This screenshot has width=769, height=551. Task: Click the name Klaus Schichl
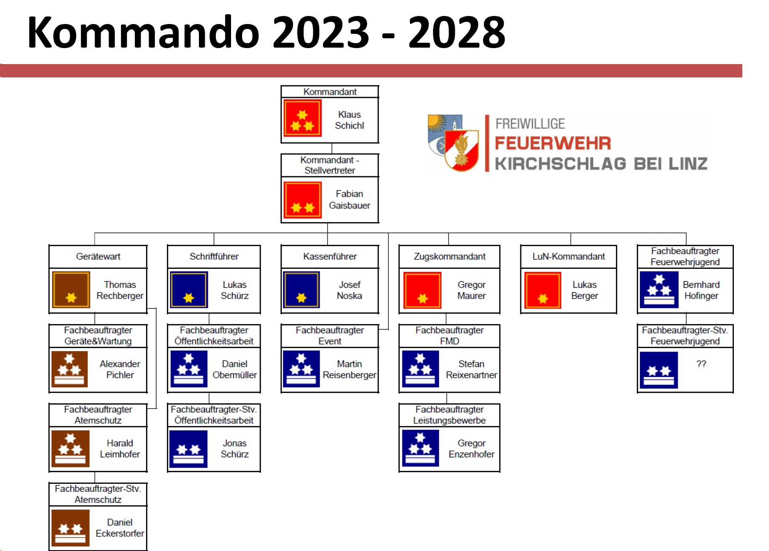(x=349, y=120)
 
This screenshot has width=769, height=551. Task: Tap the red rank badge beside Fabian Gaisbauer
(x=303, y=200)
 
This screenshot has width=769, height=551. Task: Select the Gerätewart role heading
(x=98, y=256)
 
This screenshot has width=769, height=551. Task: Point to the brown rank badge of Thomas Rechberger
(x=71, y=290)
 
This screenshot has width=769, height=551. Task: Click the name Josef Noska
(x=349, y=290)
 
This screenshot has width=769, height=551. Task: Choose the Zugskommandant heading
(x=449, y=256)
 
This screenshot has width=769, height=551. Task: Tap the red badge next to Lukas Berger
(x=542, y=290)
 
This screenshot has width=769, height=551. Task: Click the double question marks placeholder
(x=701, y=364)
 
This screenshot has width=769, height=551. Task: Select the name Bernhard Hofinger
(x=701, y=290)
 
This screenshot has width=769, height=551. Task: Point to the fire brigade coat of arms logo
(x=453, y=143)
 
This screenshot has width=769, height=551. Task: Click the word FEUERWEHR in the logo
(x=553, y=143)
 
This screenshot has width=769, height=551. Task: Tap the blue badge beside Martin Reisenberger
(x=301, y=369)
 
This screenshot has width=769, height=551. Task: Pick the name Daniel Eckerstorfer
(x=120, y=528)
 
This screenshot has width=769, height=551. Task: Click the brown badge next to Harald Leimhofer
(x=70, y=449)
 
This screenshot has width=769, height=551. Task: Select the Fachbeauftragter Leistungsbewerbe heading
(x=449, y=415)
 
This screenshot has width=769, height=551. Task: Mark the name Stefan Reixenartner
(x=471, y=369)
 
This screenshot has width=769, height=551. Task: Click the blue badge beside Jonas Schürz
(x=188, y=449)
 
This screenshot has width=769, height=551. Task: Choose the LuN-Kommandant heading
(x=568, y=256)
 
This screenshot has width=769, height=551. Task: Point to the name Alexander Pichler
(x=120, y=369)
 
